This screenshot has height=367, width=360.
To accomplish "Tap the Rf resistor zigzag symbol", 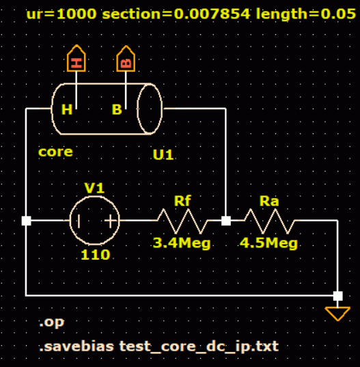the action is pyautogui.click(x=182, y=221).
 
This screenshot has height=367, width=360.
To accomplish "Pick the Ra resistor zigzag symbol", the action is pyautogui.click(x=269, y=221).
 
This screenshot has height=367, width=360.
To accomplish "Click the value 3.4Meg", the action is pyautogui.click(x=182, y=243).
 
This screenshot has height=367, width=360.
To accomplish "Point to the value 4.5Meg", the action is pyautogui.click(x=268, y=243).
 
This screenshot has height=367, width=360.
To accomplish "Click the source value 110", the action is pyautogui.click(x=95, y=255).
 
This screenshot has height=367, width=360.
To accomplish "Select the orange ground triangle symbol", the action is pyautogui.click(x=337, y=314).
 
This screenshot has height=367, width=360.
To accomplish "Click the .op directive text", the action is pyautogui.click(x=52, y=323).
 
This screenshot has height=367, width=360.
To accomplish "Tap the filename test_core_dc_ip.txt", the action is pyautogui.click(x=199, y=346).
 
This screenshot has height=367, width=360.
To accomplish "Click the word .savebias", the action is pyautogui.click(x=77, y=346).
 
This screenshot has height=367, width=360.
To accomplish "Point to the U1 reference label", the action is pyautogui.click(x=163, y=154).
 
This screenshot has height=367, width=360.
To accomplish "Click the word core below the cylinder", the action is pyautogui.click(x=55, y=152).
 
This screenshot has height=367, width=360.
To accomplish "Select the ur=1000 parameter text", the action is pyautogui.click(x=61, y=14).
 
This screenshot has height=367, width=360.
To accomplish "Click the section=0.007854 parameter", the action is pyautogui.click(x=176, y=14).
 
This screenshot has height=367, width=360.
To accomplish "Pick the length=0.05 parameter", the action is pyautogui.click(x=306, y=14).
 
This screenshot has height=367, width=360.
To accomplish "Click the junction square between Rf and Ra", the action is pyautogui.click(x=226, y=221).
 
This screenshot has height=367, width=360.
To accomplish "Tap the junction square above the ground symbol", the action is pyautogui.click(x=337, y=296).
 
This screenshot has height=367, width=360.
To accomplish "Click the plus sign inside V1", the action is pyautogui.click(x=111, y=221).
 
